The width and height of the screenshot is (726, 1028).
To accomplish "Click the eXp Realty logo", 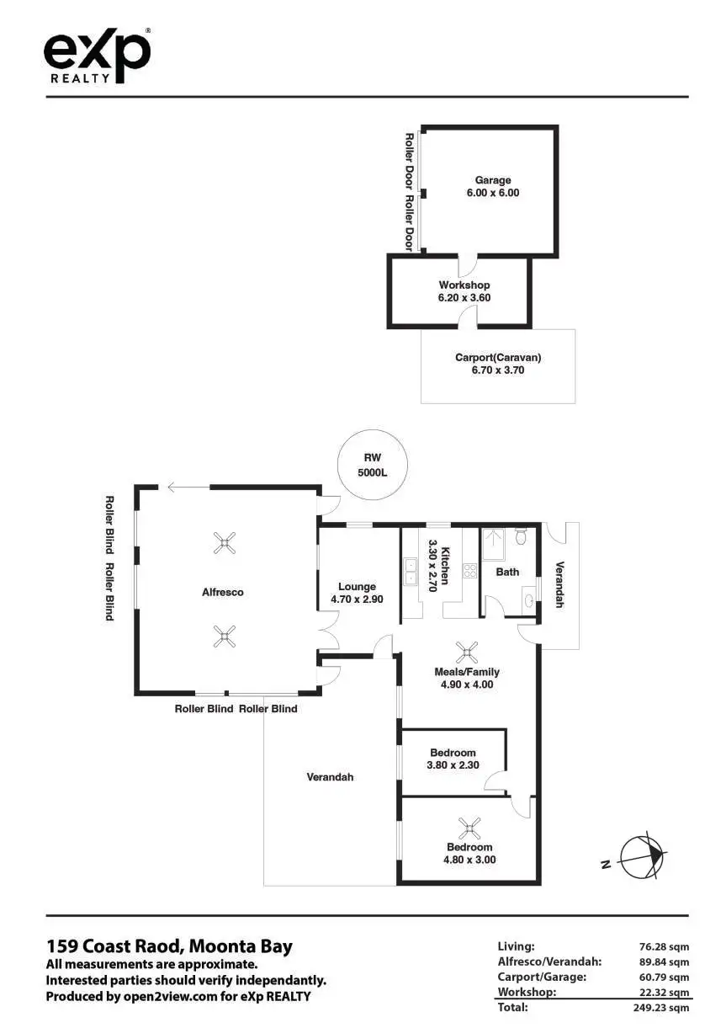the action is click(97, 56).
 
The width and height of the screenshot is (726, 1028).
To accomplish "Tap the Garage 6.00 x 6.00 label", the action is click(493, 186).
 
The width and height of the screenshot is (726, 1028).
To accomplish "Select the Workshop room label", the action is click(464, 291).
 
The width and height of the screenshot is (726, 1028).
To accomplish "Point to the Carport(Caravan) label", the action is click(498, 363).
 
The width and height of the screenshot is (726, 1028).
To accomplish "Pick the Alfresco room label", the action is click(223, 592).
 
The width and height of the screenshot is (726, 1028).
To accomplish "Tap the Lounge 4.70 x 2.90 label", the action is click(358, 593).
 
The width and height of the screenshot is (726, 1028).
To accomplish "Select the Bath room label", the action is click(507, 572).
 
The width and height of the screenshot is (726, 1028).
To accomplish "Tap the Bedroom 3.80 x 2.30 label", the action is click(453, 759).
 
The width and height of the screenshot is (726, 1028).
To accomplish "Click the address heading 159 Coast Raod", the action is click(169, 945).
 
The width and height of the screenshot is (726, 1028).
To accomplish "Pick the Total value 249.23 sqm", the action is click(660, 1007).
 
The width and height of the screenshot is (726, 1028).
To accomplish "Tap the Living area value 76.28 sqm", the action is click(664, 946).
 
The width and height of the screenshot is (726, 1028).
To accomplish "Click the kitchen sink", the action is click(410, 572).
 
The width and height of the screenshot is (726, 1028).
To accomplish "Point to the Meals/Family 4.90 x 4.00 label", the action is click(466, 678).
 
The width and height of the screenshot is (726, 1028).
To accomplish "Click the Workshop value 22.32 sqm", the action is click(664, 992).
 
